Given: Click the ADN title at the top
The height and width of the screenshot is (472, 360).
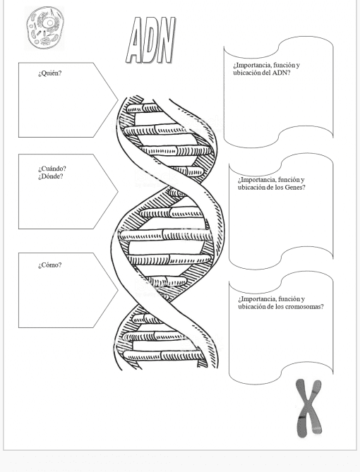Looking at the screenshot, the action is [150, 40].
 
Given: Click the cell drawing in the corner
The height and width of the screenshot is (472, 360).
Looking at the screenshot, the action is [44, 28].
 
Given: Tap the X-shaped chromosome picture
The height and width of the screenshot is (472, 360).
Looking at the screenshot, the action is [308, 409].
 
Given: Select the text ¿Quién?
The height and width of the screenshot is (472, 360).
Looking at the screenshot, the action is [49, 73].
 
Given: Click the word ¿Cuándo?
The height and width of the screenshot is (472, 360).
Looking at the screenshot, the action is [52, 169].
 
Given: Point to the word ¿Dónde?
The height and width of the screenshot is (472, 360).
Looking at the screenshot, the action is [51, 176].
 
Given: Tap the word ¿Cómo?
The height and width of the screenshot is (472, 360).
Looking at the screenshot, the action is [49, 265].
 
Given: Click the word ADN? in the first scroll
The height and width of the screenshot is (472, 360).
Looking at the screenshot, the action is [282, 73].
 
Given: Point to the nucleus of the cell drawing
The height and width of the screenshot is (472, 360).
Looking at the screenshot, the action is [49, 23].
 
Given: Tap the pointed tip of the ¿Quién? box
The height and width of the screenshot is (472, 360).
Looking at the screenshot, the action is [118, 100].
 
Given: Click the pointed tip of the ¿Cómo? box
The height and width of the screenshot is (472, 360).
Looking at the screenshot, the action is [118, 291].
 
